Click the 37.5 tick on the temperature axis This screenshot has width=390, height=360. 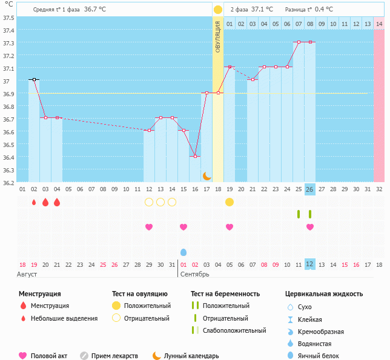[9, 18]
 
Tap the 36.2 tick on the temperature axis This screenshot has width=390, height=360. [9, 182]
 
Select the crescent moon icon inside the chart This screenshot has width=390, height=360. [207, 175]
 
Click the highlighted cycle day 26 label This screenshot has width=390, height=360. [310, 189]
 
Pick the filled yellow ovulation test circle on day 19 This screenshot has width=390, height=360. [230, 201]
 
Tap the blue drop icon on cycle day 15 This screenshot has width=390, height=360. [183, 252]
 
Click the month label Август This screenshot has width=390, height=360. [27, 274]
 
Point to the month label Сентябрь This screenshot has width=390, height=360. [194, 274]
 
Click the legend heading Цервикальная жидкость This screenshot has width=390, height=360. [324, 294]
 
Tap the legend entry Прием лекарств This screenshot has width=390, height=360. [114, 356]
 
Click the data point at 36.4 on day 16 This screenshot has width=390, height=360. [195, 156]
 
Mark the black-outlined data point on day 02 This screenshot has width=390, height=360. [34, 79]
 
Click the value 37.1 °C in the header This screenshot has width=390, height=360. [262, 10]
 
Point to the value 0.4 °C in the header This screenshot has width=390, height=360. [324, 10]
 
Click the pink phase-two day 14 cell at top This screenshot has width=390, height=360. [379, 24]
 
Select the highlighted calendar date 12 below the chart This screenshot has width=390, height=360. [310, 264]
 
